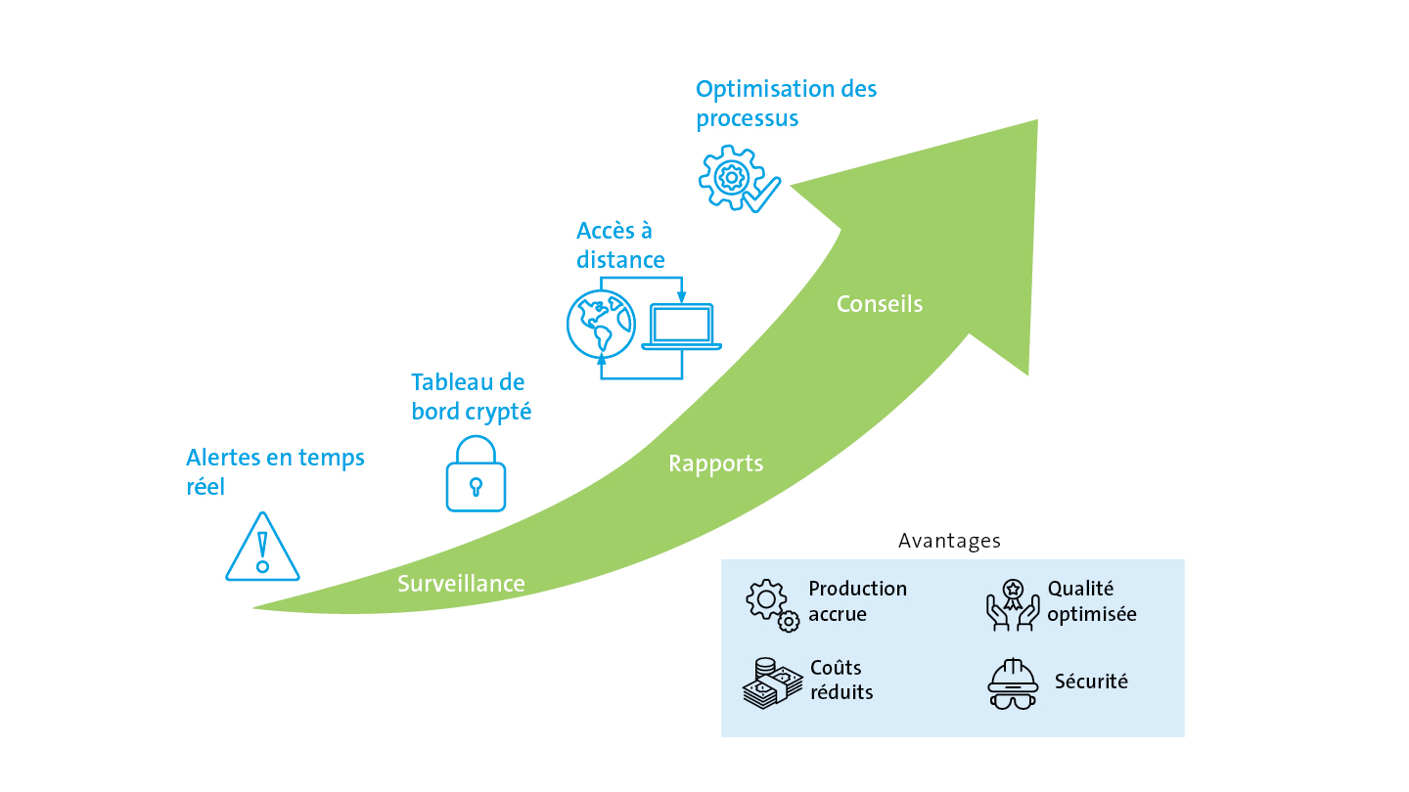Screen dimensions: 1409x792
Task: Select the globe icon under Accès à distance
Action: coord(601,324)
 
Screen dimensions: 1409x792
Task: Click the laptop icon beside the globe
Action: coord(681,327)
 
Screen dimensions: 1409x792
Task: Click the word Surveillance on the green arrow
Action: coord(461,584)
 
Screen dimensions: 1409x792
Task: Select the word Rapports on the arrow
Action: coord(716,463)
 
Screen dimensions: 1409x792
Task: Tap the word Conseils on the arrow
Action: coord(880,304)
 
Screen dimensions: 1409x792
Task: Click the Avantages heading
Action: coord(949,542)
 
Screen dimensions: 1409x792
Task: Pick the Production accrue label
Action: coord(857,601)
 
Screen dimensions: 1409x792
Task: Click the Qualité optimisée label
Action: coord(1092,601)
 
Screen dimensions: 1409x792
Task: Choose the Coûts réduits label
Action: coord(841,681)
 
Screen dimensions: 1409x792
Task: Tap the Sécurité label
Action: coord(1091,682)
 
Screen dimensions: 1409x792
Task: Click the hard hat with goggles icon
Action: coord(1012,683)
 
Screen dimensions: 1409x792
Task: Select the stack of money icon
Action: coord(773,683)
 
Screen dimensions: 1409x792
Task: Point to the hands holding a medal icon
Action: coord(1013,604)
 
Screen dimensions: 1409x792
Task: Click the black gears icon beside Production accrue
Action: coord(773,605)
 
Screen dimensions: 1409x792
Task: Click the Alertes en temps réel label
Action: coord(275,472)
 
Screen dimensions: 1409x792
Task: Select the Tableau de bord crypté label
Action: coord(472,397)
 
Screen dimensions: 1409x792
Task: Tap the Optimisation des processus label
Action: coord(787,104)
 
